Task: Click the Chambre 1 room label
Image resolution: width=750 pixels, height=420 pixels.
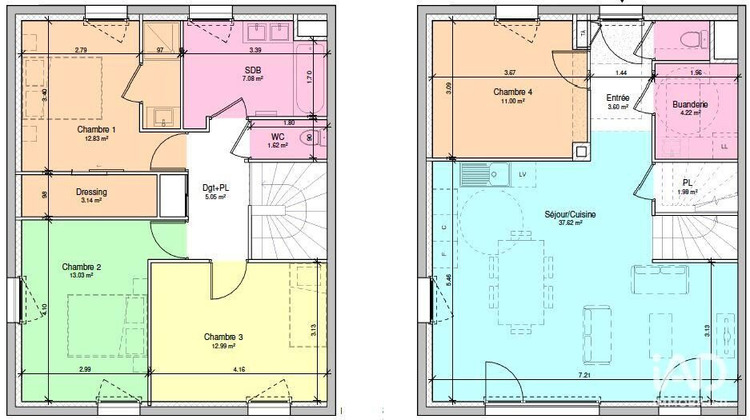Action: (96, 129)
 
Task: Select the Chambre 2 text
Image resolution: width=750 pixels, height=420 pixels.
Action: (81, 266)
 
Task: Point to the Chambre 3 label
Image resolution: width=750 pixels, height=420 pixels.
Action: (223, 336)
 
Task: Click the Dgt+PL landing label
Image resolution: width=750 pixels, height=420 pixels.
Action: (215, 187)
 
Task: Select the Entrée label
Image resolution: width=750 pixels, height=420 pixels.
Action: (618, 97)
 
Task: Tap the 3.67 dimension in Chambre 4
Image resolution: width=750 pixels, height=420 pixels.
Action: (511, 72)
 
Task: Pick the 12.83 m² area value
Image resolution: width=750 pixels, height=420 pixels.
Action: (96, 139)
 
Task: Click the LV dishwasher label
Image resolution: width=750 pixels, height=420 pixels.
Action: (521, 174)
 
